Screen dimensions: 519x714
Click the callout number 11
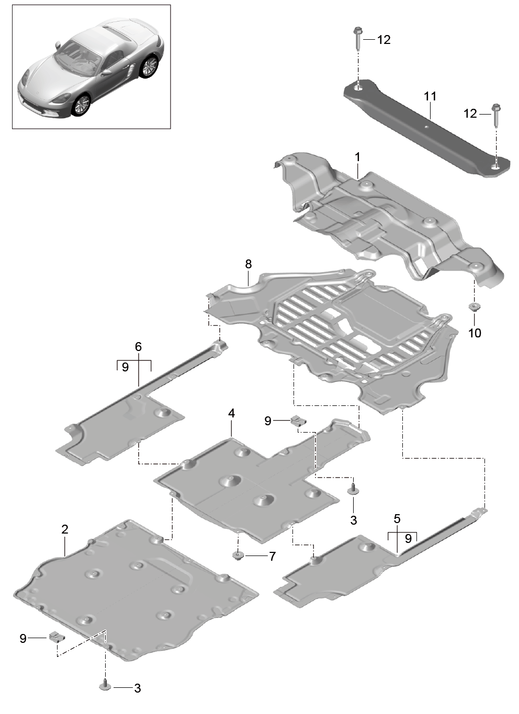point(430,96)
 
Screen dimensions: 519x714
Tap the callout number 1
point(357,157)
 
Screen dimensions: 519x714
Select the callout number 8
point(249,264)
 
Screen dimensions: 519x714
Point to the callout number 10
point(475,333)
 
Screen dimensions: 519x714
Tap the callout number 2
point(65,529)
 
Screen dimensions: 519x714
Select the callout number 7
point(272,557)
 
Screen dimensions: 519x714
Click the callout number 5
point(397,518)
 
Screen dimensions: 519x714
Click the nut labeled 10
point(474,307)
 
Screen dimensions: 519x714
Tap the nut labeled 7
point(238,556)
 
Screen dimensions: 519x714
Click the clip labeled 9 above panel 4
point(298,421)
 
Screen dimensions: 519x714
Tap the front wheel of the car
point(81,105)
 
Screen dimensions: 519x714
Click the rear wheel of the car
point(150,66)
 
